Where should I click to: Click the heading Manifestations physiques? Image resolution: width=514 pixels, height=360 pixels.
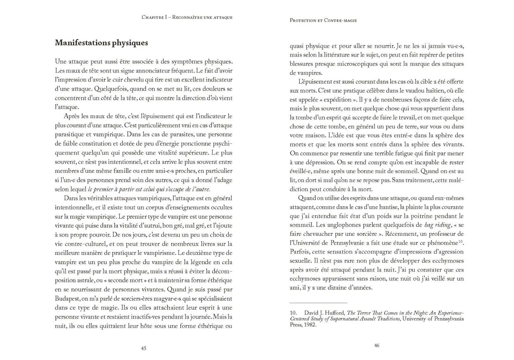101,43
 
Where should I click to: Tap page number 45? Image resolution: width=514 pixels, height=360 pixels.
144,348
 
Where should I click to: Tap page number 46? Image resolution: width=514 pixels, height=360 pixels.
377,346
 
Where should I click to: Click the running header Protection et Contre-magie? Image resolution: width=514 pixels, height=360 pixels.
323,21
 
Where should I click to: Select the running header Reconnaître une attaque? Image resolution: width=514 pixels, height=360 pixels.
202,17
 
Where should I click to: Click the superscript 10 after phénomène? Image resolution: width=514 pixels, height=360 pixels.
461,242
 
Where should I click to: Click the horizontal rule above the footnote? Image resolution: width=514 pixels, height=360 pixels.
318,303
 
